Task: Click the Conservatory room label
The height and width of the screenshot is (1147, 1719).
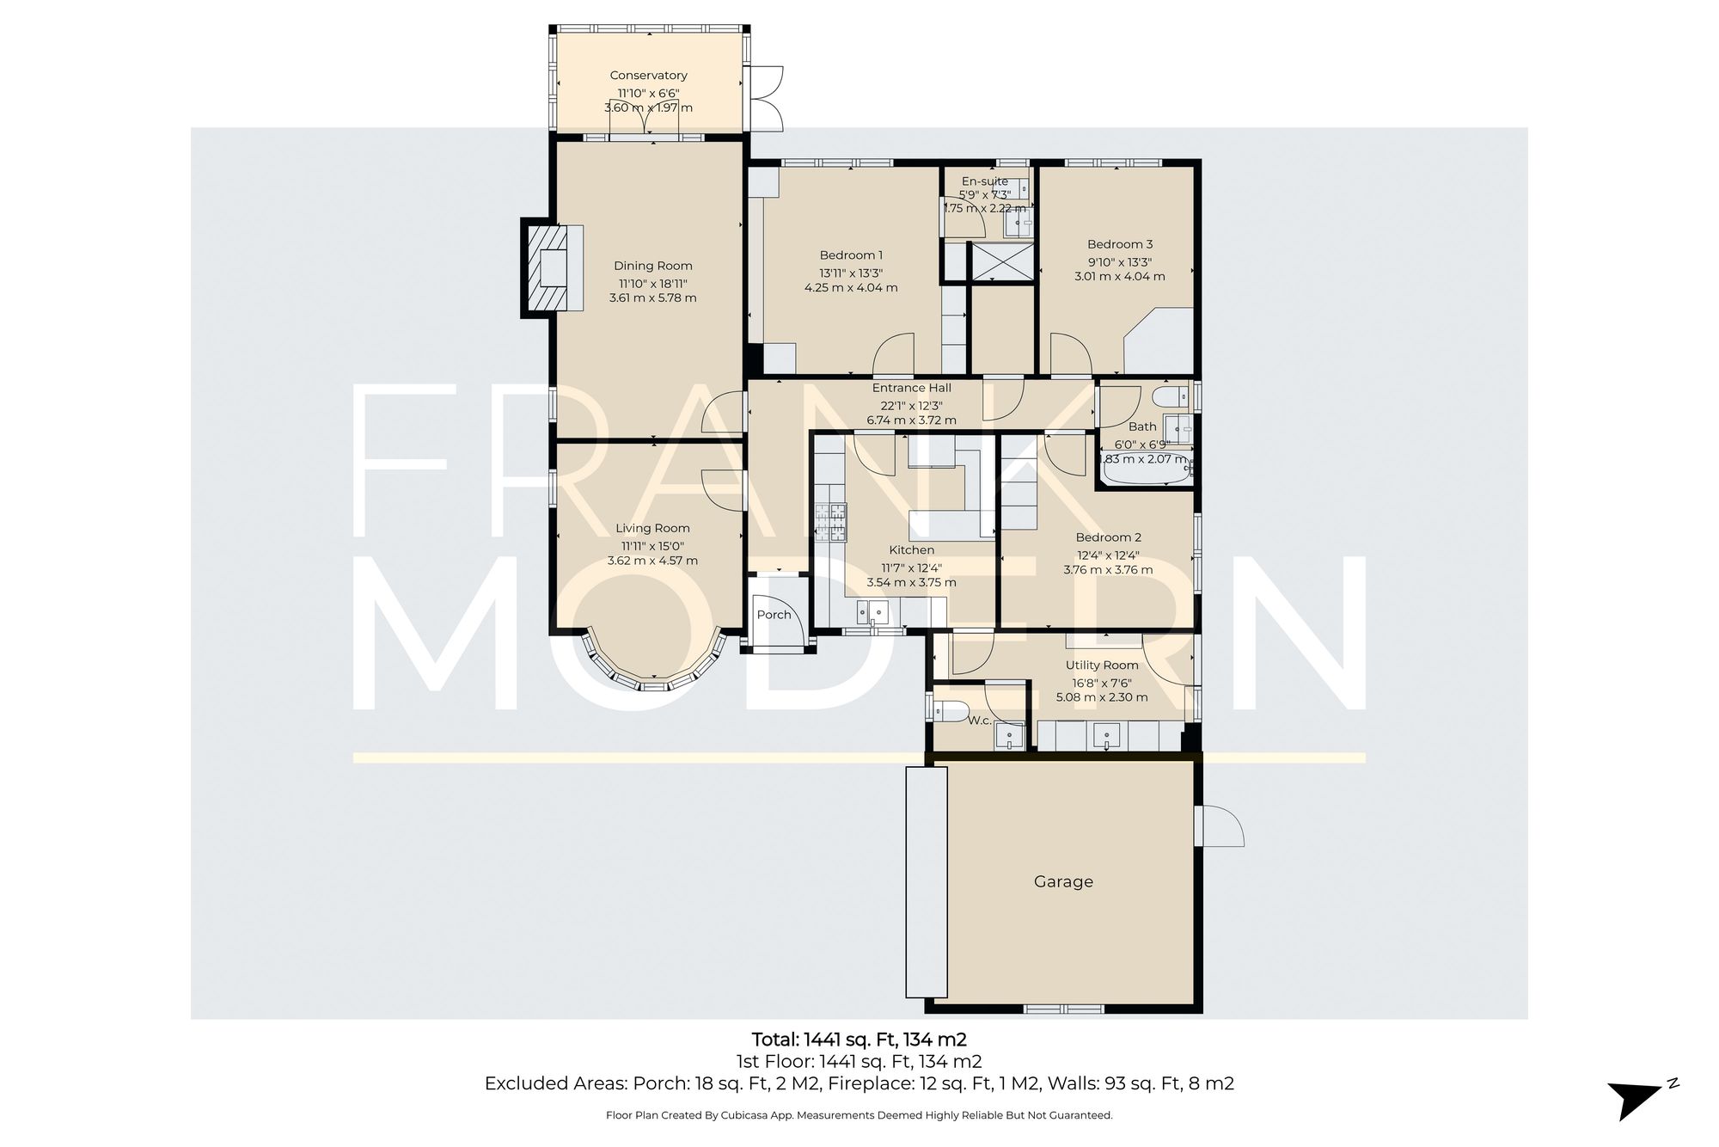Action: (x=648, y=76)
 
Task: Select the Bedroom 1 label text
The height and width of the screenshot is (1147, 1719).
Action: (x=851, y=255)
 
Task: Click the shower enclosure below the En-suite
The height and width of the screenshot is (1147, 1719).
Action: (x=1000, y=262)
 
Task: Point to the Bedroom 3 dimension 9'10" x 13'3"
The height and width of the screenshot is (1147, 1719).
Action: (x=1119, y=262)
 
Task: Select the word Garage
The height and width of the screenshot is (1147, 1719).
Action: (x=1063, y=881)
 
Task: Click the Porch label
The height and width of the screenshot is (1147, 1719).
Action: (x=774, y=615)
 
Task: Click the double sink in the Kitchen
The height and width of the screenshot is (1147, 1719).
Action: (x=872, y=613)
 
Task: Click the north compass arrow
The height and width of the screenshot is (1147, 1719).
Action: (x=1637, y=1096)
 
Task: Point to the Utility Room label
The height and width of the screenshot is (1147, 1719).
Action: (x=1101, y=665)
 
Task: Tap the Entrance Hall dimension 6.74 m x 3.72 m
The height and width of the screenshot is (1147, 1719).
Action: (x=911, y=420)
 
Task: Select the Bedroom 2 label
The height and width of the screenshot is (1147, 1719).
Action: (x=1108, y=537)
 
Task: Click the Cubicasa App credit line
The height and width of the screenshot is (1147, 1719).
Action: (x=859, y=1115)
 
